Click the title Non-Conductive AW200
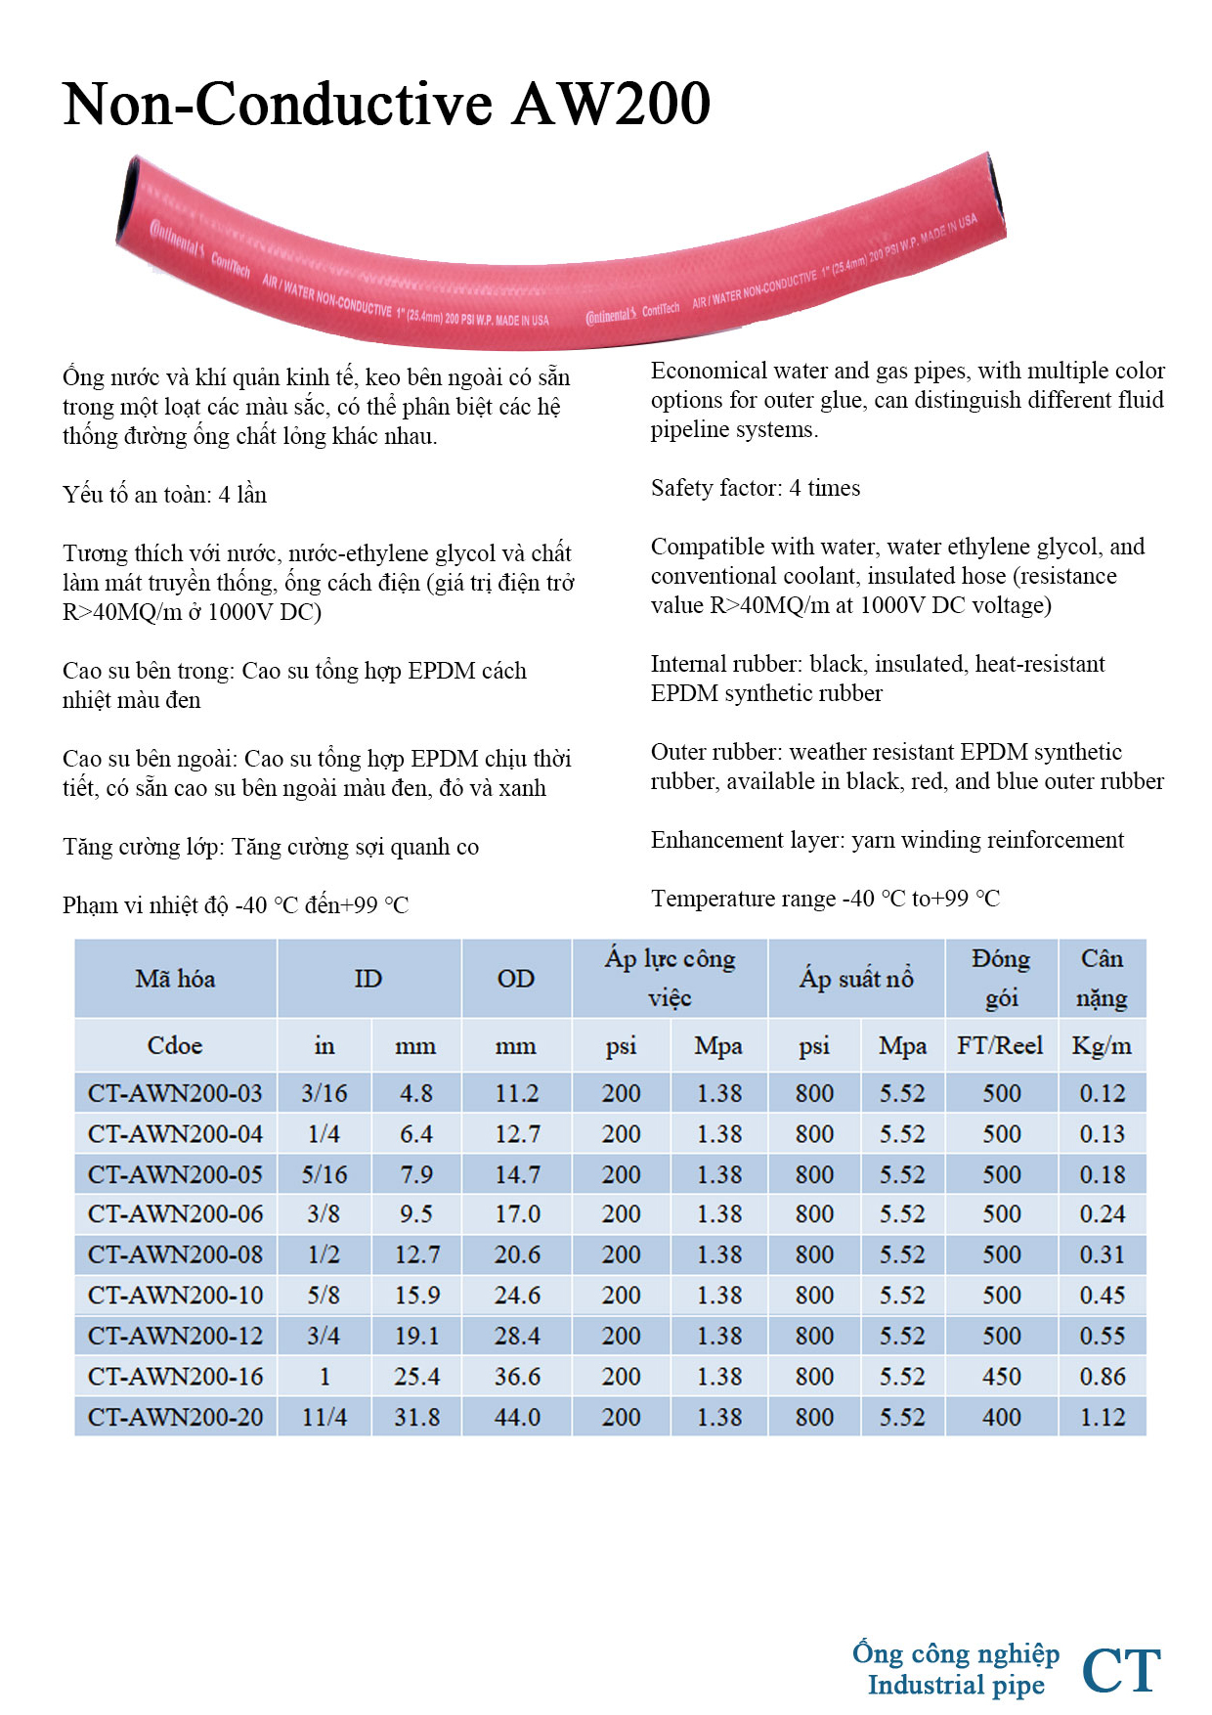386,104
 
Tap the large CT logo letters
1121,1670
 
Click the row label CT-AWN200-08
176,1254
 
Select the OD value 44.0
517,1417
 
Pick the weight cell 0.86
1103,1377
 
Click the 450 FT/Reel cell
1001,1377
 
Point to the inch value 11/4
325,1417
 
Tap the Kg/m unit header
1102,1046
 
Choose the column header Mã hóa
176,979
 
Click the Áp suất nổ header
856,979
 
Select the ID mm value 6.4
416,1134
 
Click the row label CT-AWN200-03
176,1093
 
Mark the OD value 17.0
517,1214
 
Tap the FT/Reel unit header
1000,1046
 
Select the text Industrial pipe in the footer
956,1685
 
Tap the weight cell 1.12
1103,1417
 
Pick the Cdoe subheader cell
176,1046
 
